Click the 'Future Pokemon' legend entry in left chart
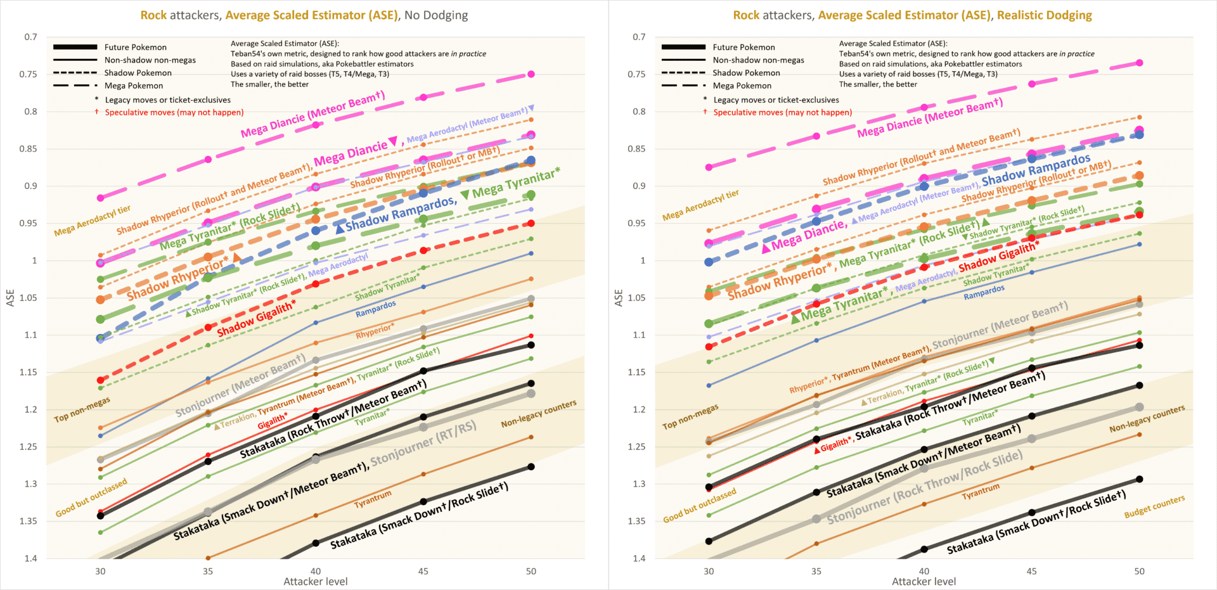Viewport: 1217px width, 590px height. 135,48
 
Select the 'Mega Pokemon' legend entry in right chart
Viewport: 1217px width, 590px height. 742,86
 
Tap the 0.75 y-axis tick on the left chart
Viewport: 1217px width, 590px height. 30,74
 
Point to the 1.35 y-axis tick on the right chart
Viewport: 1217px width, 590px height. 638,521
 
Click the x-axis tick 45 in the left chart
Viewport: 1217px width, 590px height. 423,571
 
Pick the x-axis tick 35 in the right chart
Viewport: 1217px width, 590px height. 816,571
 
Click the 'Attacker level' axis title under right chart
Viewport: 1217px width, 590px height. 924,581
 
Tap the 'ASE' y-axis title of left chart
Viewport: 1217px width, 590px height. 10,298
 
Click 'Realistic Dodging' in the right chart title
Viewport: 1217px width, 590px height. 1044,15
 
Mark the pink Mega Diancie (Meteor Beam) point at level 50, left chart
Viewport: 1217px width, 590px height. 531,74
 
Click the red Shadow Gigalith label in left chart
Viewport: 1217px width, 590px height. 256,319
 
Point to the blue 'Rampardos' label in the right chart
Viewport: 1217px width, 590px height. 984,292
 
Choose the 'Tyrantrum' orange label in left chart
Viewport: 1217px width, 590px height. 373,499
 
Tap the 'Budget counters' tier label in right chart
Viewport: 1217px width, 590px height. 1154,506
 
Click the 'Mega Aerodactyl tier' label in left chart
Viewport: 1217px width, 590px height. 92,221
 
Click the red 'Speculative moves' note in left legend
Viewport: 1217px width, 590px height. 174,113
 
